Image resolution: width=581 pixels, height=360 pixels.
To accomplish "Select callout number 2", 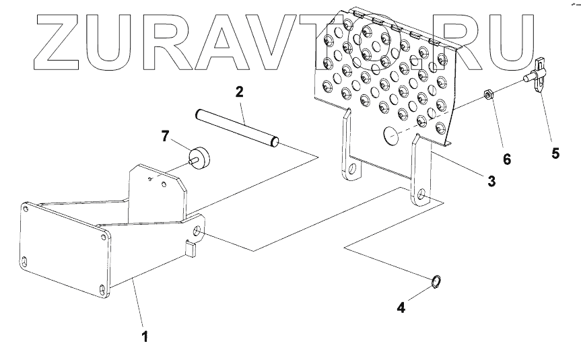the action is tap(239, 91).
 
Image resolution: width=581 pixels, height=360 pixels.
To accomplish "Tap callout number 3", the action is tap(491, 181).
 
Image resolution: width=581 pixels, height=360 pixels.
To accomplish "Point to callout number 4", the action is tap(401, 308).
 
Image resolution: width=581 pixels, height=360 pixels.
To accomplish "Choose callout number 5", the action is tap(555, 153).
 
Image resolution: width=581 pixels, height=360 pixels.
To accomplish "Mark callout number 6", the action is tap(506, 159).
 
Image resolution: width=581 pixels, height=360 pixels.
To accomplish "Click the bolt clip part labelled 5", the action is tap(539, 75).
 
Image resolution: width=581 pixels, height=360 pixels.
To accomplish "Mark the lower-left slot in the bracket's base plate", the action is tap(25, 261).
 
